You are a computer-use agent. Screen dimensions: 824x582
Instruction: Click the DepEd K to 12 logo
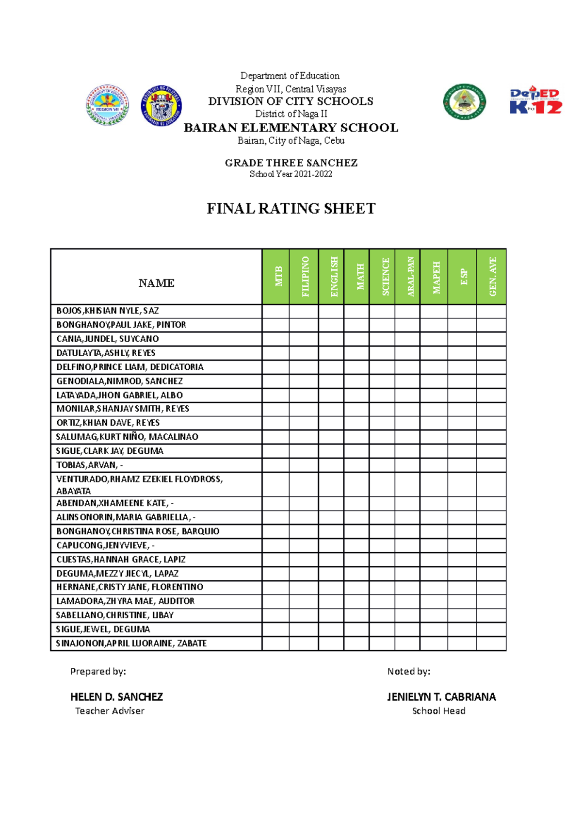(x=535, y=100)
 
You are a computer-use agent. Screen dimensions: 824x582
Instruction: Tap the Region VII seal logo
(x=107, y=105)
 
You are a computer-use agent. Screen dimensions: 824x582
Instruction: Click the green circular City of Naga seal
(x=464, y=101)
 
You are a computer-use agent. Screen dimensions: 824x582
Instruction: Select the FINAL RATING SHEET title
(x=291, y=209)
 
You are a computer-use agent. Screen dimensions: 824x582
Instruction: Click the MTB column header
(x=275, y=277)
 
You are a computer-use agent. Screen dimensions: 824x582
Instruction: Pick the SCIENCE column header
(x=382, y=277)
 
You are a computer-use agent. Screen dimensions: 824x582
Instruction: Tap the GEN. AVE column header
(x=491, y=277)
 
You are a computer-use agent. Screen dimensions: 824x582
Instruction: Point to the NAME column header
(x=156, y=283)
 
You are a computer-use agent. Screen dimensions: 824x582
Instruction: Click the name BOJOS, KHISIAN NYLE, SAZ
(x=108, y=311)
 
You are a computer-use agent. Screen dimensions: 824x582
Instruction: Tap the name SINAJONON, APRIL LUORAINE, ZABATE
(x=131, y=643)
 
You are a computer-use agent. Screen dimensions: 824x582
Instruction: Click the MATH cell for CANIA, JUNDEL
(x=356, y=339)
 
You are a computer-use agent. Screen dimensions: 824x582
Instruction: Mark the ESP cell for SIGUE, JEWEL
(x=462, y=629)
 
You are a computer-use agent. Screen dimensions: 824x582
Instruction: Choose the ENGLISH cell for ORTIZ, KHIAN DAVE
(x=331, y=423)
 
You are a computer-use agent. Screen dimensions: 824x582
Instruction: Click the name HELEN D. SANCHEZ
(x=116, y=697)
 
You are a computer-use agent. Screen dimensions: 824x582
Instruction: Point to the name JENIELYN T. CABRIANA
(x=441, y=697)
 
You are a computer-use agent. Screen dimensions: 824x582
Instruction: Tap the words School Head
(x=438, y=711)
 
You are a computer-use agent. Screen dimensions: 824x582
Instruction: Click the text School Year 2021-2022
(x=291, y=174)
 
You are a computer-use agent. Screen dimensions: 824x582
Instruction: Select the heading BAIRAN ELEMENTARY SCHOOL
(x=291, y=128)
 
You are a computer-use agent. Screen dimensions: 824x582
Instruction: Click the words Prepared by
(x=98, y=672)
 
